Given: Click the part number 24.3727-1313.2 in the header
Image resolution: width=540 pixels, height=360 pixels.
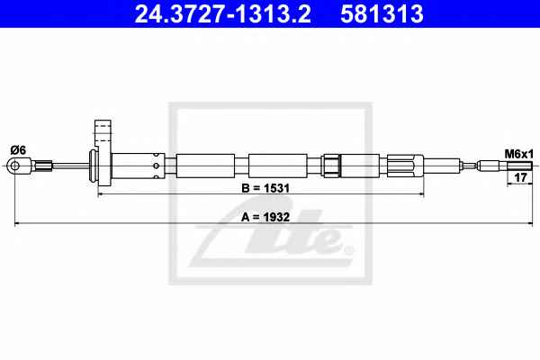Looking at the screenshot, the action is [222, 13].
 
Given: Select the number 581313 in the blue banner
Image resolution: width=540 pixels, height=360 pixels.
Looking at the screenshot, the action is [382, 13].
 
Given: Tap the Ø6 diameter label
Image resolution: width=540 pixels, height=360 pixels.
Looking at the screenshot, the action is [18, 150].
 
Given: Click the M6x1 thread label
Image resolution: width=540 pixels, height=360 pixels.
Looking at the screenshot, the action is [518, 154].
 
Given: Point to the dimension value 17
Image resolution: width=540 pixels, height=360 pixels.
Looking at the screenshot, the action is [520, 178].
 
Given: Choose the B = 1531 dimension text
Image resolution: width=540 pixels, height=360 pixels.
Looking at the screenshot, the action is [265, 188].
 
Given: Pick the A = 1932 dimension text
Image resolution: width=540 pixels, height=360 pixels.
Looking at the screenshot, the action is [265, 218].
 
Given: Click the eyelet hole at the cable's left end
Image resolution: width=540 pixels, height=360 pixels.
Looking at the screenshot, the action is [14, 166].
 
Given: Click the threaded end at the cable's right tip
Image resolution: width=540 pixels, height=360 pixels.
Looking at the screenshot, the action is [519, 166].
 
